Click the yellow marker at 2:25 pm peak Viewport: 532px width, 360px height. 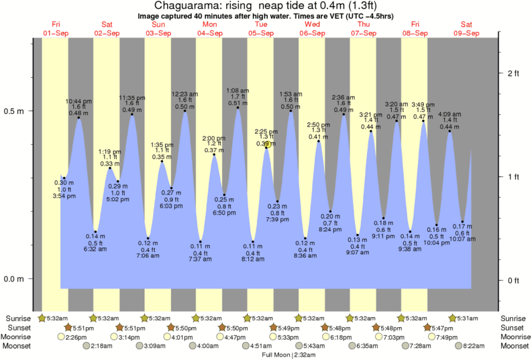[267, 144]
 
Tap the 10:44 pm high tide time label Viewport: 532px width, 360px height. [78, 101]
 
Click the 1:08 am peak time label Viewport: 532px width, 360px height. [238, 91]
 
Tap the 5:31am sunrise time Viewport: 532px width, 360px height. [470, 318]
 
